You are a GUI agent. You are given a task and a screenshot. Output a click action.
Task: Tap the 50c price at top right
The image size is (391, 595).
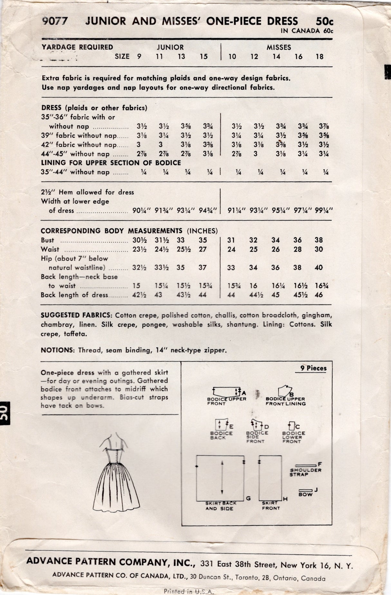pyautogui.click(x=324, y=22)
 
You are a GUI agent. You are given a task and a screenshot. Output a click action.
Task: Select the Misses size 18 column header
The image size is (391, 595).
pyautogui.click(x=319, y=57)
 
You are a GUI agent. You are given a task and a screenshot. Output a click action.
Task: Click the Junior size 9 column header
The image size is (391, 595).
pyautogui.click(x=139, y=57)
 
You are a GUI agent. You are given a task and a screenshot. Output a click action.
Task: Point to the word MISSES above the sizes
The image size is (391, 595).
pyautogui.click(x=279, y=47)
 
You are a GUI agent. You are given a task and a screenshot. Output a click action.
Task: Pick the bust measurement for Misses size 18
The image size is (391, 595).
pyautogui.click(x=319, y=240)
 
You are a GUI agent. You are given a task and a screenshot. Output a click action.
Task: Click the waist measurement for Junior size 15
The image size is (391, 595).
pyautogui.click(x=203, y=249)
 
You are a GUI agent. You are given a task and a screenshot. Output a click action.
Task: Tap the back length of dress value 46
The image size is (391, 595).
pyautogui.click(x=319, y=295)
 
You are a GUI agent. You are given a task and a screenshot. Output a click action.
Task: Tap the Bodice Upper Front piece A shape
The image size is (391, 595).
pyautogui.click(x=225, y=392)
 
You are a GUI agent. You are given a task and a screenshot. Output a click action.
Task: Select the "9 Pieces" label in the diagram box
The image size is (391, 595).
pyautogui.click(x=313, y=368)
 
